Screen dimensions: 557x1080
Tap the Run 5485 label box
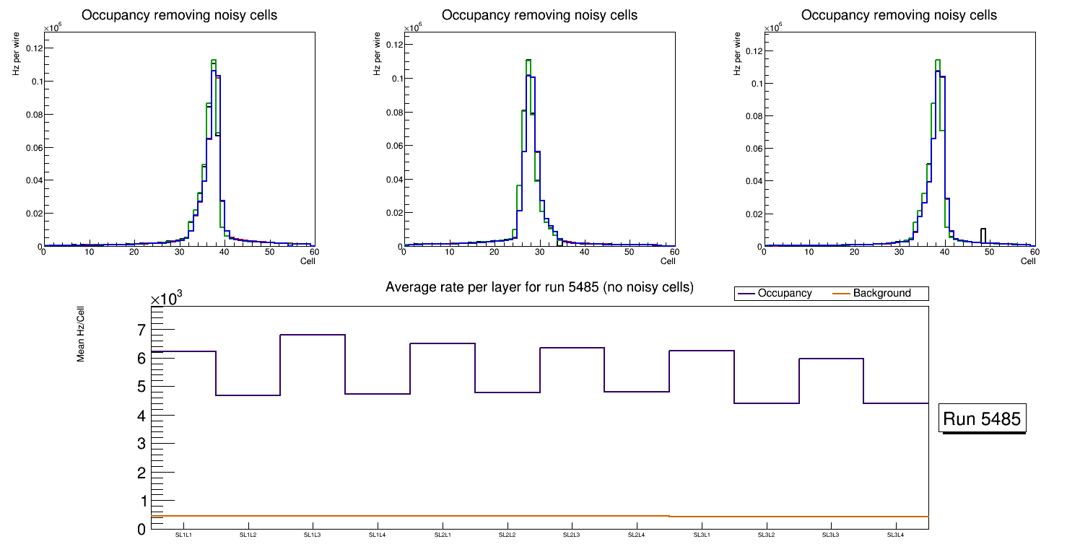[x=983, y=418]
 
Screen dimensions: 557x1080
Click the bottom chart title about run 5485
[x=539, y=287]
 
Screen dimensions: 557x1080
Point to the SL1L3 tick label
[x=312, y=535]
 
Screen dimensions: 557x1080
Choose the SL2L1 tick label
[x=442, y=535]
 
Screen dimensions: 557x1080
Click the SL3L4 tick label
[x=895, y=535]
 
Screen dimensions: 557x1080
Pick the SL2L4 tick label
[x=636, y=535]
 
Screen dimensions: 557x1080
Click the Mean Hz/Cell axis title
[x=80, y=334]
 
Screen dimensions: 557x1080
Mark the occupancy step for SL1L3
[x=312, y=335]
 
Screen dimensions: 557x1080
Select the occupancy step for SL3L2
[x=766, y=403]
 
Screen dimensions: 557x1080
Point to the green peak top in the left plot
[x=214, y=61]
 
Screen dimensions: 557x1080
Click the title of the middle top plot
[x=539, y=15]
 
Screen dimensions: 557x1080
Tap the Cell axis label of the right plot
[x=1028, y=261]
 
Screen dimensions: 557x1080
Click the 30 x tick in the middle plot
[x=539, y=252]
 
